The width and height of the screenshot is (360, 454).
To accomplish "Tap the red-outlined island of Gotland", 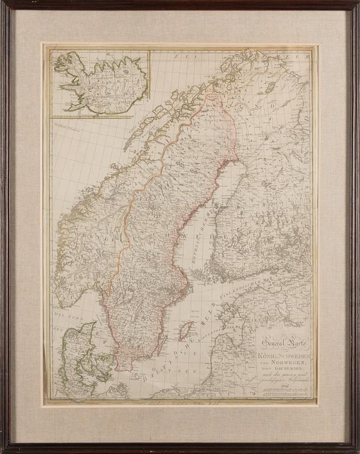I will pyautogui.click(x=186, y=331).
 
